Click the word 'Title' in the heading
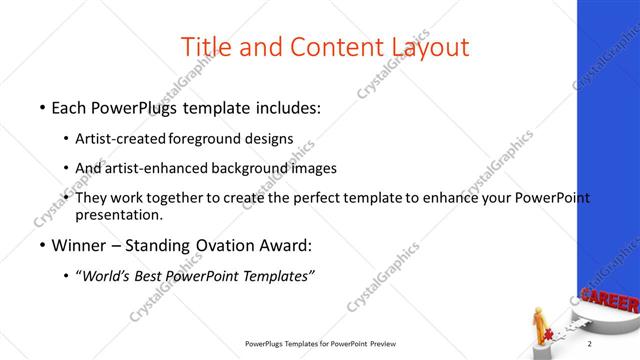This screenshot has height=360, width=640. pyautogui.click(x=206, y=46)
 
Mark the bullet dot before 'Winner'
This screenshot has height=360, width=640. pyautogui.click(x=41, y=245)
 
